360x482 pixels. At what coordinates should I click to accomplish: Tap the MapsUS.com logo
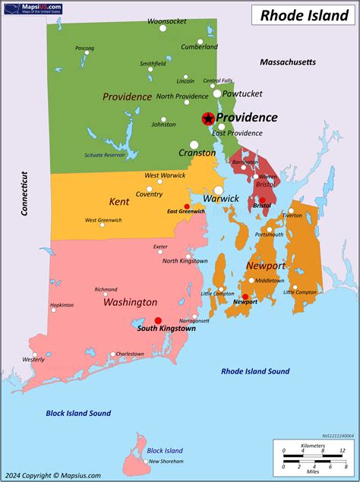pyautogui.click(x=33, y=8)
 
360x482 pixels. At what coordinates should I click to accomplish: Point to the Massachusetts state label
pyautogui.click(x=287, y=61)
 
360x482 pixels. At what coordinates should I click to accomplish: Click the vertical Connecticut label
pyautogui.click(x=24, y=194)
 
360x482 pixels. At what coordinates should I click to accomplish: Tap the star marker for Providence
pyautogui.click(x=207, y=118)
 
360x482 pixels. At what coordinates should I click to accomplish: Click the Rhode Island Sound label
pyautogui.click(x=255, y=371)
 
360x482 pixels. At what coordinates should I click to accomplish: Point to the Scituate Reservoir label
pyautogui.click(x=105, y=156)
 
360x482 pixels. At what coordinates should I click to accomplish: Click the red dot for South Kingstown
pyautogui.click(x=158, y=320)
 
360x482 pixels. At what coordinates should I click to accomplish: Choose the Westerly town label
pyautogui.click(x=33, y=359)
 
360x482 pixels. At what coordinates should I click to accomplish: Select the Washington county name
pyautogui.click(x=130, y=302)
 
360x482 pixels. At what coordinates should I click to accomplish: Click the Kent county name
pyautogui.click(x=119, y=202)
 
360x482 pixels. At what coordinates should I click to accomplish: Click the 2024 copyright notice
pyautogui.click(x=51, y=475)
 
